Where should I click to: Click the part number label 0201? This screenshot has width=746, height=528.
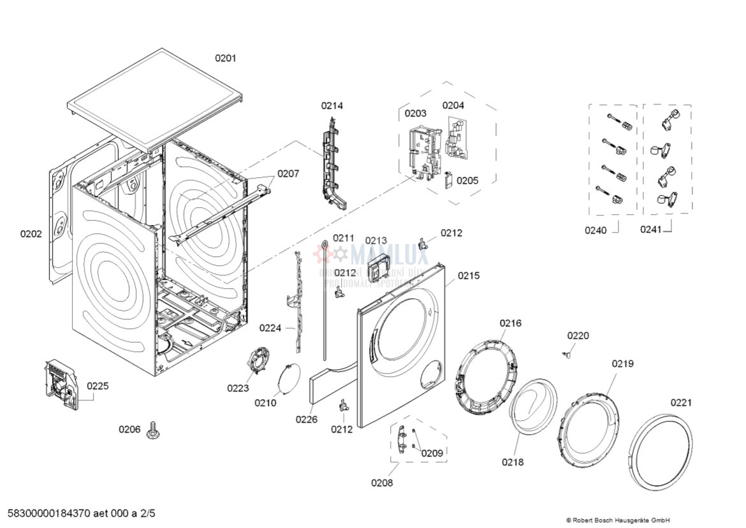[225, 58]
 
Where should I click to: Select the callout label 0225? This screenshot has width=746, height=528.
[98, 386]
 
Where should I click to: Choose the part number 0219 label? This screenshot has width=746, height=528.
[623, 363]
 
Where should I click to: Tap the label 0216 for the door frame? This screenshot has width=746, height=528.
[510, 323]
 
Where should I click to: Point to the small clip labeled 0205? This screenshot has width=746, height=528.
[448, 180]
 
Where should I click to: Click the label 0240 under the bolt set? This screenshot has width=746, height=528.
[596, 230]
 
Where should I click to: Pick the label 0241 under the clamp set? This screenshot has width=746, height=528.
[651, 230]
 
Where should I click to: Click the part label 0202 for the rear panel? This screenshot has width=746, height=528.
[31, 234]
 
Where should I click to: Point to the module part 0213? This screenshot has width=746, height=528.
[381, 266]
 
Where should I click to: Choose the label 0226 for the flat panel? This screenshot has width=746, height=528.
[306, 419]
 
